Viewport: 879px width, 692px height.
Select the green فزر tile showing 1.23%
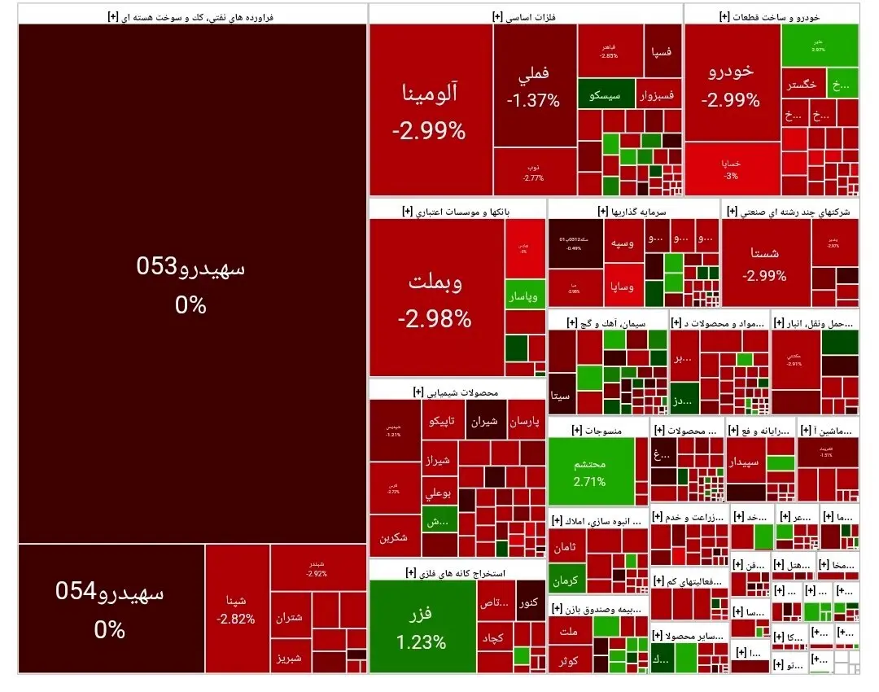point(422,625)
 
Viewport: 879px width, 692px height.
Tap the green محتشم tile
point(589,471)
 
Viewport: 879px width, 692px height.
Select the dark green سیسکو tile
point(604,95)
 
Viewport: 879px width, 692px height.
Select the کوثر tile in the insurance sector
point(569,660)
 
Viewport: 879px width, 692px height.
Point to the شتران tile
point(290,617)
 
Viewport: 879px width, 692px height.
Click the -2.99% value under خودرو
point(731,101)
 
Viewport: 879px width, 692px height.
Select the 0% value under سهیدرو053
point(190,305)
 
